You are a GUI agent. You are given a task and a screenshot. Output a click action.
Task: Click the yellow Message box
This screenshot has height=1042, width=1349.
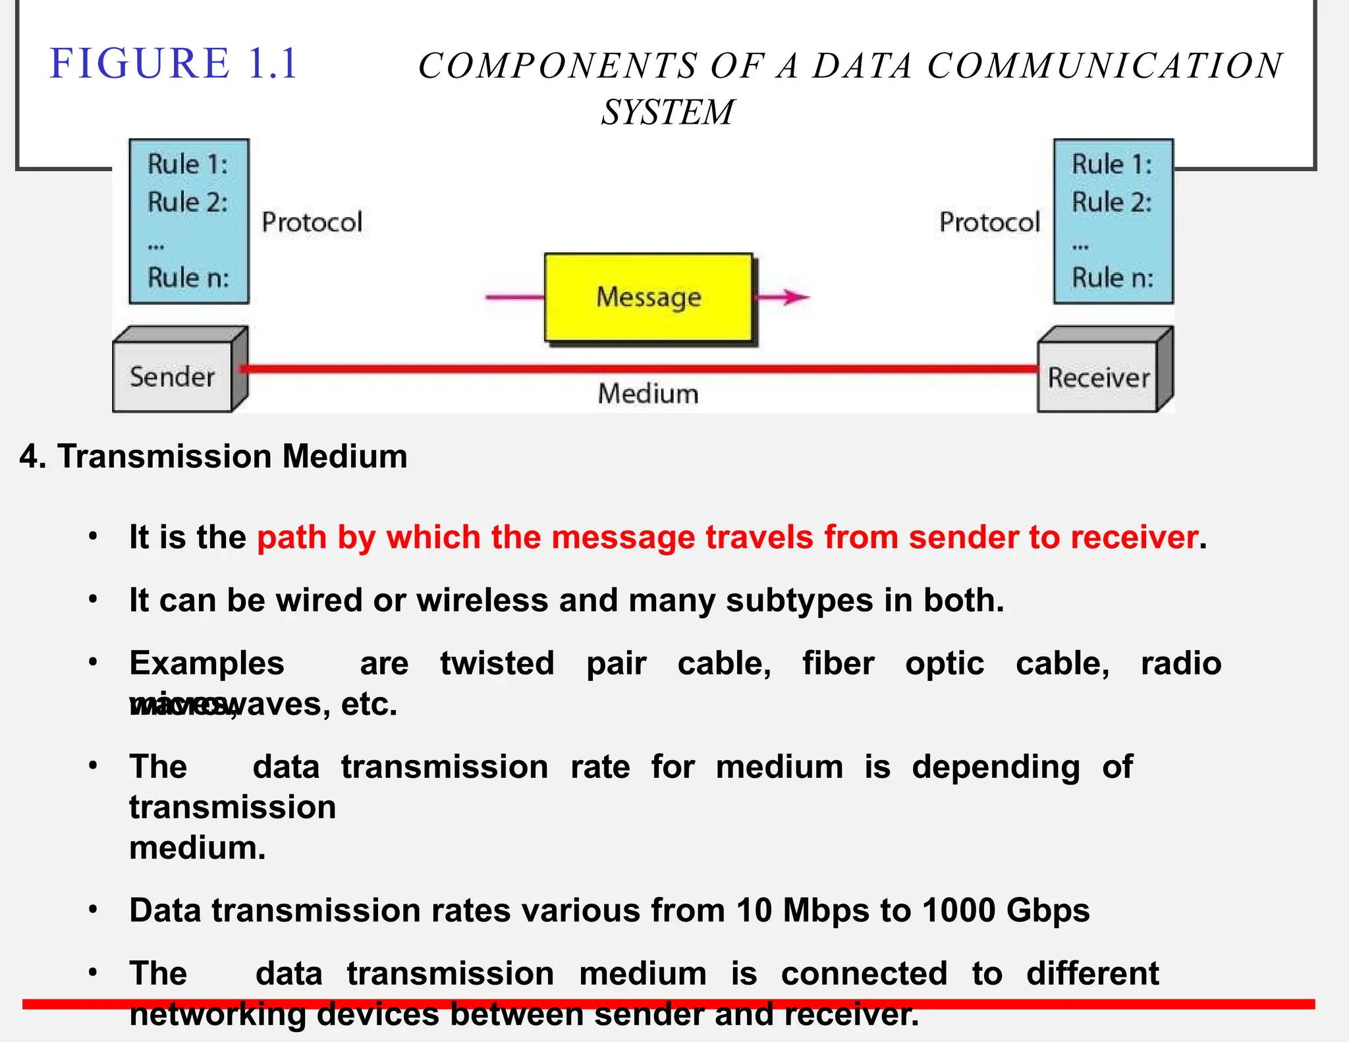pos(648,298)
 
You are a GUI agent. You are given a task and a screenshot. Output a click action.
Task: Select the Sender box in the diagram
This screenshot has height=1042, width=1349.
pos(173,377)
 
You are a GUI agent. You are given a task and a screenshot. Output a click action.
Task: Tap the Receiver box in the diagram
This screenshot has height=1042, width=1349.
pos(1098,378)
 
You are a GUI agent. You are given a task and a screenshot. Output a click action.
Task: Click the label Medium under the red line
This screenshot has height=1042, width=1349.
pos(648,394)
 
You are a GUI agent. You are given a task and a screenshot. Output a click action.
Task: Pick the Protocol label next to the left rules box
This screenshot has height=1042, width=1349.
pos(312,223)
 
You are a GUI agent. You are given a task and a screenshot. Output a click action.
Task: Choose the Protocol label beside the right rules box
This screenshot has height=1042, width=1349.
pos(989,223)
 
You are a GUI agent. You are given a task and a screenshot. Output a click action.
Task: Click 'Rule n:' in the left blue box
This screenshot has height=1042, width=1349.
pos(188,278)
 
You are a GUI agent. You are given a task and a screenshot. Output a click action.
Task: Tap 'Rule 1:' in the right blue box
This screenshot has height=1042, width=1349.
pos(1112,165)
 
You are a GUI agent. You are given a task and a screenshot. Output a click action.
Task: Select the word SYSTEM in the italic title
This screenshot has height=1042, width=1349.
pos(667,112)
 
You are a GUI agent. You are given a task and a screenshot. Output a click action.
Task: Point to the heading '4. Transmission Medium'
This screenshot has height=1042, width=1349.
pos(213,456)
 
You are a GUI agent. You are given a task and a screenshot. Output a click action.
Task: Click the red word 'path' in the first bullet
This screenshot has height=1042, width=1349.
pos(292,537)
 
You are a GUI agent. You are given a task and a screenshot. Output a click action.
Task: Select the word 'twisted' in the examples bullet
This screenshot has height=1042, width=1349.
pos(497,663)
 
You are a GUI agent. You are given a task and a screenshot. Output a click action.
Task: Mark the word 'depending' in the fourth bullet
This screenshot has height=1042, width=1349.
pos(995,767)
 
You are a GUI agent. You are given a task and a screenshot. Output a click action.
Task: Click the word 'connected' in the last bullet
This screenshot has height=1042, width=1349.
pos(864,973)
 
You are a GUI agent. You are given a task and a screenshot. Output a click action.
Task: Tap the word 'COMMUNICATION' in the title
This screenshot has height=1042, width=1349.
pos(1105,66)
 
